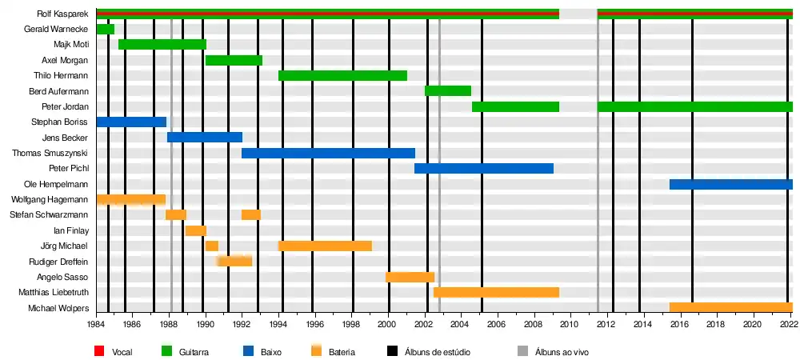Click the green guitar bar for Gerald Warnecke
[x=105, y=29]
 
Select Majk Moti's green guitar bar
[x=162, y=44]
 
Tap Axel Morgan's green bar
[x=234, y=60]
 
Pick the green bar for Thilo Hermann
[x=342, y=75]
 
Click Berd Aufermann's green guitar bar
[x=447, y=90]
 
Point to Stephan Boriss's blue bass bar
[x=131, y=122]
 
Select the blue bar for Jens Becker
[x=204, y=137]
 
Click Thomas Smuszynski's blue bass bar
[x=328, y=153]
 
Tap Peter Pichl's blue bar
[x=483, y=168]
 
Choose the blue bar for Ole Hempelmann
[x=730, y=184]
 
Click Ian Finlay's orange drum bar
[x=195, y=230]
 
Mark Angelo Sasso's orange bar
[x=410, y=277]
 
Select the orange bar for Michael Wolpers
[x=730, y=307]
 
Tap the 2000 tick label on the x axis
[x=388, y=325]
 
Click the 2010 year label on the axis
[x=570, y=325]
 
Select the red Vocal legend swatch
[x=100, y=350]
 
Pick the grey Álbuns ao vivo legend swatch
[x=523, y=350]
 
